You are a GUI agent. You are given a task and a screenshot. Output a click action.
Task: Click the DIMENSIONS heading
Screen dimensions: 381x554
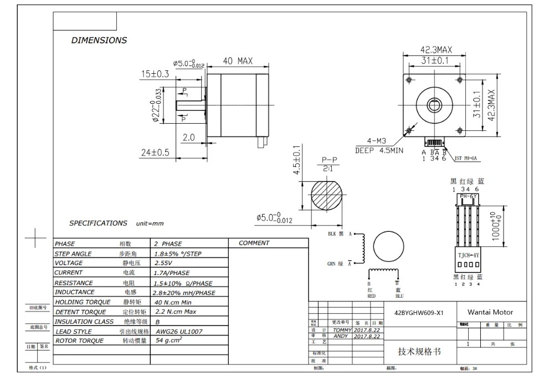[x=99, y=40]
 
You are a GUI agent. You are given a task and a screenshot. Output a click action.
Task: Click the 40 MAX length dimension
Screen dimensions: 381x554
[x=238, y=60]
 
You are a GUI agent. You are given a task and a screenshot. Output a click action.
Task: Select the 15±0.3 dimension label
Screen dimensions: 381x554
[x=156, y=74]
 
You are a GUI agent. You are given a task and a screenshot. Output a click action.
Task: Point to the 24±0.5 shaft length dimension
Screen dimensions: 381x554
[x=155, y=153]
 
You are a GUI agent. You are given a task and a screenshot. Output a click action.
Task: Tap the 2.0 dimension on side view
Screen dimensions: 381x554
[x=188, y=138]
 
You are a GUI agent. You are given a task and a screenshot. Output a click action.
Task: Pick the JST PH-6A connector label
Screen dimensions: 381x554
[x=466, y=158]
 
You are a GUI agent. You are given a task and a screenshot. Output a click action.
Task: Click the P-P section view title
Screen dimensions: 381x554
[x=327, y=160]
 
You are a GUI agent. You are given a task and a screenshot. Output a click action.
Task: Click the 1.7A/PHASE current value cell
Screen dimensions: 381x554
[x=172, y=273]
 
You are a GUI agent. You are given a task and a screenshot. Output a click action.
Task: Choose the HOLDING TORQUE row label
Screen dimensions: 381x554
[x=81, y=302]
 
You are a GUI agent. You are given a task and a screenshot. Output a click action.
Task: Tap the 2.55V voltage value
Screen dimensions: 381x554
[x=164, y=263]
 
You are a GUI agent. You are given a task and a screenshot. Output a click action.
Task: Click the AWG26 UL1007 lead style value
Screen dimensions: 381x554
[x=177, y=331]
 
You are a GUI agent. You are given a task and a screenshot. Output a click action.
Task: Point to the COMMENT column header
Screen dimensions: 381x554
[x=254, y=243]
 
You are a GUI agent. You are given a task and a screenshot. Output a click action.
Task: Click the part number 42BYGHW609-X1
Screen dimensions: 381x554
[x=419, y=312]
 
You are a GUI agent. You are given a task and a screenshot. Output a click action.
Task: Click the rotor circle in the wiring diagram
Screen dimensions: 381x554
[x=390, y=247]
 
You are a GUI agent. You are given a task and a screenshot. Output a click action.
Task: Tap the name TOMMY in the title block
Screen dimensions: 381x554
[x=342, y=329]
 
